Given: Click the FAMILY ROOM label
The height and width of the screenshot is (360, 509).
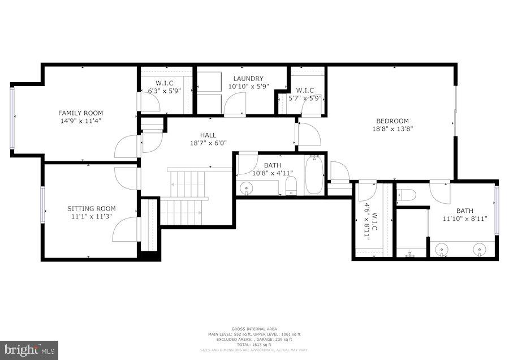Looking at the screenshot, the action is (81, 113).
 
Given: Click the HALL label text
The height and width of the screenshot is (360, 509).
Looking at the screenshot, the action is (208, 135).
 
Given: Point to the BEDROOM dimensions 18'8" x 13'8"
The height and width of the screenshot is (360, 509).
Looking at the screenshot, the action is (392, 128).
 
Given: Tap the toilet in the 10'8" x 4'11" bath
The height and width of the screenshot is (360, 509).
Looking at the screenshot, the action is (291, 187).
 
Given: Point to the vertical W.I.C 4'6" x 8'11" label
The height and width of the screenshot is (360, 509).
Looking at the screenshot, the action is (370, 226).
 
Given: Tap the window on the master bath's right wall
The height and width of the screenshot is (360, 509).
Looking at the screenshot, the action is (497, 209).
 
